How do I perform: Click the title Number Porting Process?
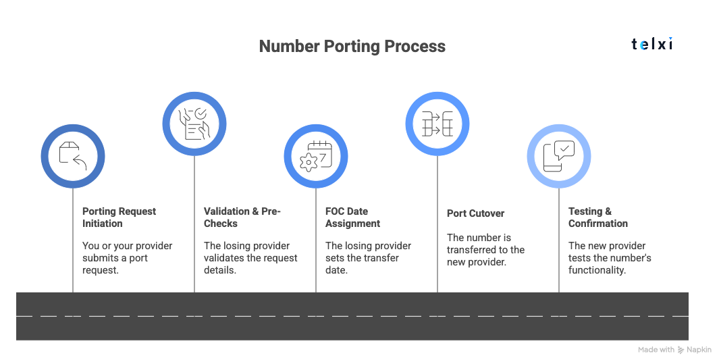click(x=352, y=46)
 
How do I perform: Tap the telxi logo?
click(x=651, y=45)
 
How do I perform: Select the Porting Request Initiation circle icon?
click(x=73, y=155)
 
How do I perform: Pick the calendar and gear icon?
click(x=316, y=155)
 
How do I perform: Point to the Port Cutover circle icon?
click(x=437, y=123)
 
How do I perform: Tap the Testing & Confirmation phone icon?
click(x=559, y=155)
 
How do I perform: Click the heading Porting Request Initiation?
click(x=119, y=217)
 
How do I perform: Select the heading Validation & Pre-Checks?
click(x=242, y=217)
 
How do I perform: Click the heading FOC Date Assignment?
click(x=352, y=217)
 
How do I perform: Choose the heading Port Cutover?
click(x=475, y=213)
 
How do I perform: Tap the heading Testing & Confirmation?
click(x=597, y=217)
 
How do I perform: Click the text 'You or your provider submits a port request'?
click(x=127, y=258)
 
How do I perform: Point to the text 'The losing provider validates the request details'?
click(x=250, y=258)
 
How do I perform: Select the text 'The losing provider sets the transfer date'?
click(x=368, y=258)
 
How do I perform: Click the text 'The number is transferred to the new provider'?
click(x=485, y=249)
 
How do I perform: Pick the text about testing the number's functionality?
click(x=609, y=258)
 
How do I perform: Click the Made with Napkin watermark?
click(x=674, y=350)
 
